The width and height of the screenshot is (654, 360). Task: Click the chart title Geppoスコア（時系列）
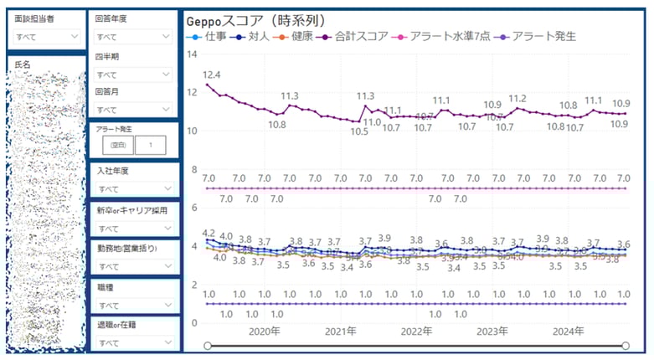(255, 20)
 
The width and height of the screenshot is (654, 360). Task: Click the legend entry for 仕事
(203, 37)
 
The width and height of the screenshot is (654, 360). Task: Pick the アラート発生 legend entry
(541, 37)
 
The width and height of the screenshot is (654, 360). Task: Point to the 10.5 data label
(359, 131)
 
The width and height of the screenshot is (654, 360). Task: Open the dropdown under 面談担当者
(46, 37)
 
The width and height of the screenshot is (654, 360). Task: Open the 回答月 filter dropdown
(132, 109)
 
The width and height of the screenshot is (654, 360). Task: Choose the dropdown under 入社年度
(132, 188)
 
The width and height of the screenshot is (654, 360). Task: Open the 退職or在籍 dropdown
(132, 342)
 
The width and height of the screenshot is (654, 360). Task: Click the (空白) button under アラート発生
(114, 145)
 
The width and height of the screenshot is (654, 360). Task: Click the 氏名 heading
(23, 64)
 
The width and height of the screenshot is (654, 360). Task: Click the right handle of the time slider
(626, 346)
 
